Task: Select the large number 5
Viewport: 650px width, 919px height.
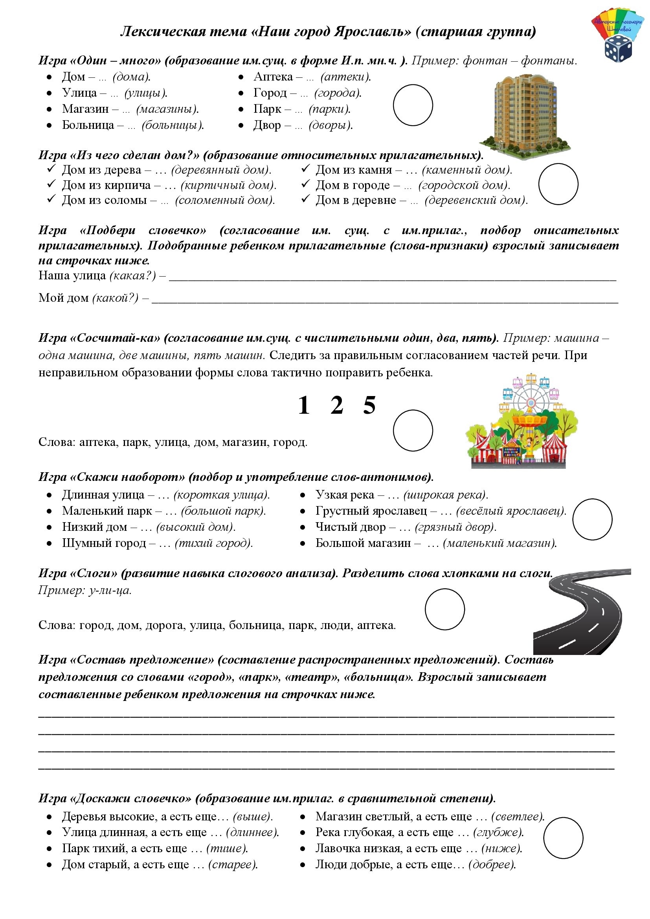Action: tap(369, 405)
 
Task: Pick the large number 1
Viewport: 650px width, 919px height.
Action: tap(304, 405)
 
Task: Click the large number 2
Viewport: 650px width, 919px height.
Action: tap(337, 405)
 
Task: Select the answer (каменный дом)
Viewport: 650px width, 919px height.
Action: tap(467, 170)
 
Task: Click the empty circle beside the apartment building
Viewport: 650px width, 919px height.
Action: tap(413, 105)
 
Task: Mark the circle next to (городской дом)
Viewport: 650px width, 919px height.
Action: tap(558, 184)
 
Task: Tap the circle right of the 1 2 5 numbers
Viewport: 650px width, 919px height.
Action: tap(413, 430)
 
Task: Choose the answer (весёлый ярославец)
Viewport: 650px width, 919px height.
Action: tap(511, 511)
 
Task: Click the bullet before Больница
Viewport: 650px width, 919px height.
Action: tap(49, 125)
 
